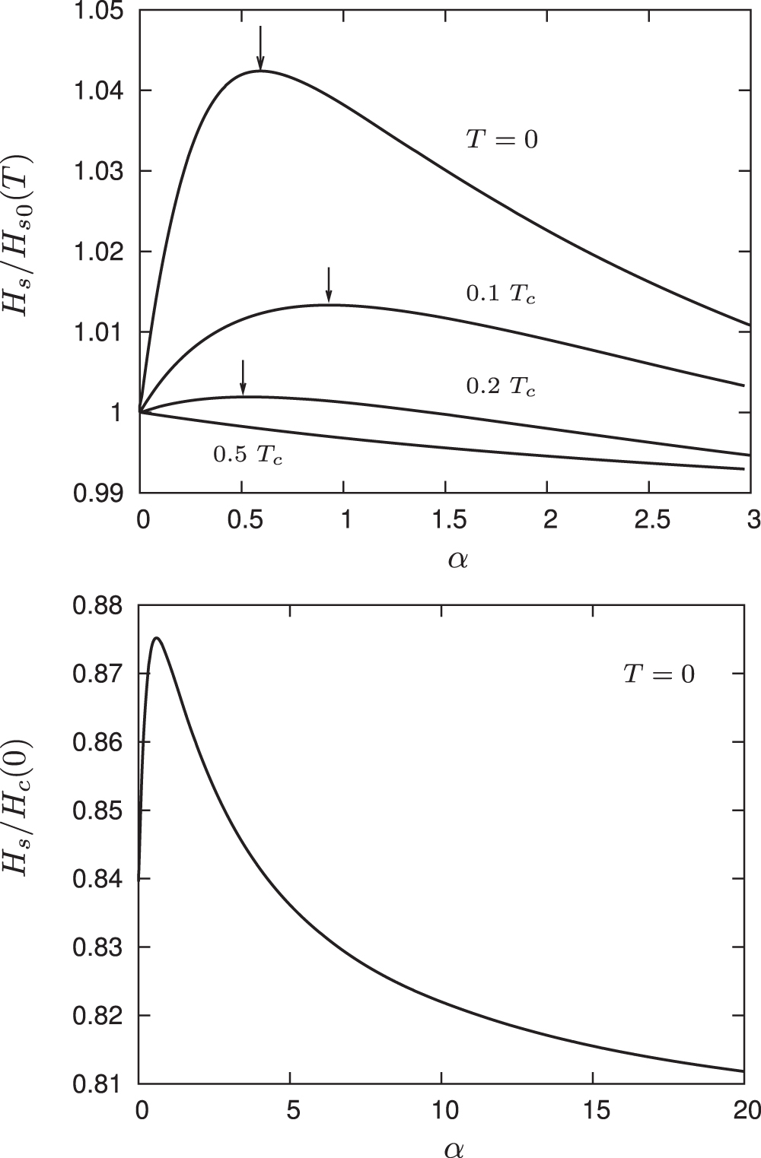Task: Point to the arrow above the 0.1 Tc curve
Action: (x=329, y=284)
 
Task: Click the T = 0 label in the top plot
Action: (x=501, y=140)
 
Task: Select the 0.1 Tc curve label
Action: (x=500, y=294)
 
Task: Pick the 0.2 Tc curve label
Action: (x=500, y=386)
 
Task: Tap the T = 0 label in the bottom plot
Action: (x=659, y=674)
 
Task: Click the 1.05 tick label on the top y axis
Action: (x=100, y=11)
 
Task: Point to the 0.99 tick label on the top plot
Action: (x=100, y=493)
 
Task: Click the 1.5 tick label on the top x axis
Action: (x=446, y=521)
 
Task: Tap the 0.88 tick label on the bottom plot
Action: (x=100, y=606)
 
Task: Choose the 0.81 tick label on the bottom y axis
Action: (x=100, y=1083)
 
